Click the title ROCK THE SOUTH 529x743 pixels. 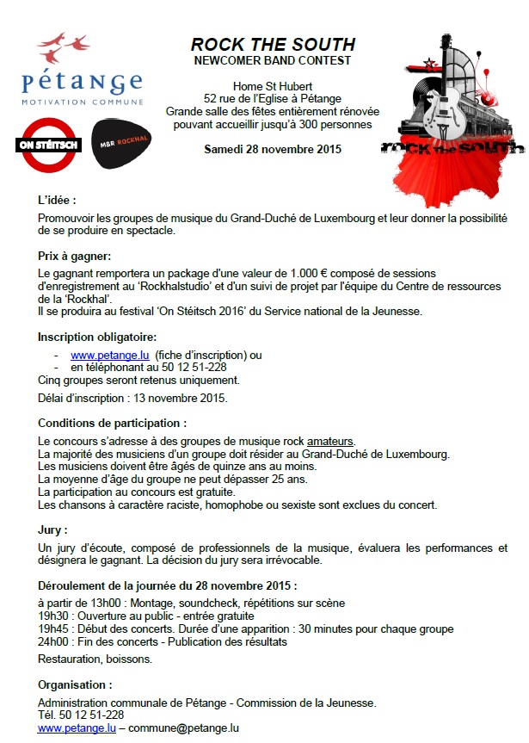pos(272,45)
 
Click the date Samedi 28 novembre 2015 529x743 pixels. pos(273,149)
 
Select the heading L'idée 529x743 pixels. pos(58,200)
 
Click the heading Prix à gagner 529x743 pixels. pos(75,256)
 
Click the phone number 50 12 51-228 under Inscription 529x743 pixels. pos(194,367)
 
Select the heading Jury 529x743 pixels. pos(52,530)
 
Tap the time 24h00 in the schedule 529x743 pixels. pos(54,641)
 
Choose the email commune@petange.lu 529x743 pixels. pos(183,728)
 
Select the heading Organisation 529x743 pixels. pos(75,685)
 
